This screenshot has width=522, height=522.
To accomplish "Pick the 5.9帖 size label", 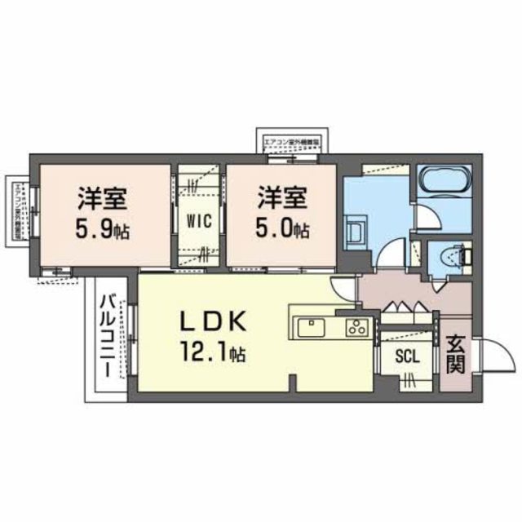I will [102, 229].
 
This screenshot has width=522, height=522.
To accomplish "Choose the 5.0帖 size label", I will [282, 229].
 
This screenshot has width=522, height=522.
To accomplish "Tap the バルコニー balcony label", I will [107, 337].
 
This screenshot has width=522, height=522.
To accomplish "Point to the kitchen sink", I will [312, 327].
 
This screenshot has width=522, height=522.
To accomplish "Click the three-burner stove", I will [356, 328].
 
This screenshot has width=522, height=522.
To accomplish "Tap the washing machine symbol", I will [355, 228].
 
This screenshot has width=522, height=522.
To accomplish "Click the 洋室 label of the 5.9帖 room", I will [101, 197].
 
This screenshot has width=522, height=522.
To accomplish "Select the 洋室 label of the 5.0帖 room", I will [282, 197].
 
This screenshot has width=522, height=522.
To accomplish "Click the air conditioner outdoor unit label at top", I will [291, 140].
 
